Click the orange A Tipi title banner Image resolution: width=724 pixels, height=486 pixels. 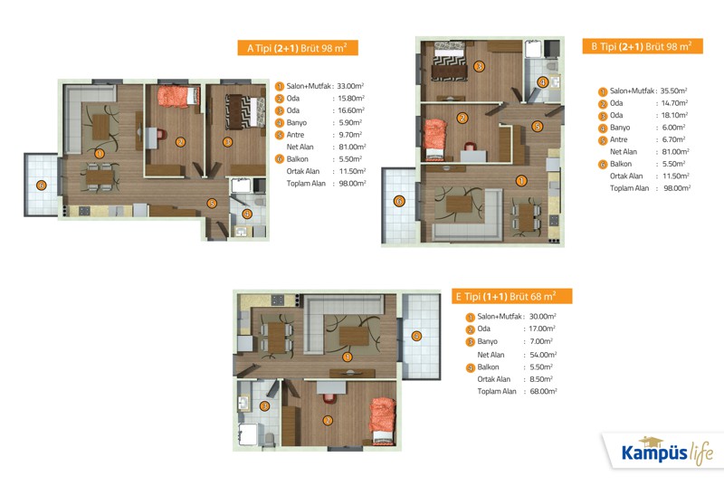[298, 48]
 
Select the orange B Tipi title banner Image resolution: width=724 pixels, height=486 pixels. [643, 46]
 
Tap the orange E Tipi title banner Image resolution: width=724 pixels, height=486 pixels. [511, 296]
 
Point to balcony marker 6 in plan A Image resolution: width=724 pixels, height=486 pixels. [41, 186]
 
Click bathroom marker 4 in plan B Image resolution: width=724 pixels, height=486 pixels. [542, 82]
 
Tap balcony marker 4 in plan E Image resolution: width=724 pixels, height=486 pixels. [416, 336]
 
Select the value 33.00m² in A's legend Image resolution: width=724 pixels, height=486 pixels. [350, 86]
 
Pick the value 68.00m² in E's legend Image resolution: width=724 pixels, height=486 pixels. [543, 391]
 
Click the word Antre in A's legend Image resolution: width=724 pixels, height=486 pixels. [295, 135]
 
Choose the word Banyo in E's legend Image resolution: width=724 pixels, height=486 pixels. [487, 341]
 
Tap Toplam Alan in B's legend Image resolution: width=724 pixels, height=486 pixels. [629, 188]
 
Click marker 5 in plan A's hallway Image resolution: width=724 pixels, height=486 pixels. [212, 203]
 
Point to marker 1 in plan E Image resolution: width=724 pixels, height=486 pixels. [348, 357]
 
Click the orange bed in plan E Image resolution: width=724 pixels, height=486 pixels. [383, 421]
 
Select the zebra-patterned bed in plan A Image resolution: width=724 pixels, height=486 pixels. [244, 111]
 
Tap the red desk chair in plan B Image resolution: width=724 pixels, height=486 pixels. [470, 147]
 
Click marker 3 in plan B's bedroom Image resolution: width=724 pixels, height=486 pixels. [480, 66]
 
